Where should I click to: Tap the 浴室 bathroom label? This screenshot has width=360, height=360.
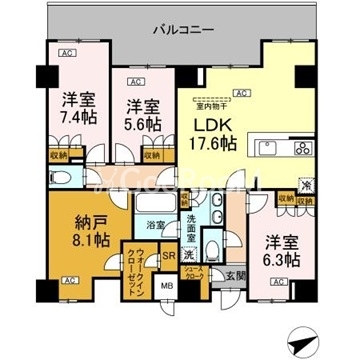pyautogui.click(x=155, y=226)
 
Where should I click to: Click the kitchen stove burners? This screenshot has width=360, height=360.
pyautogui.click(x=299, y=148)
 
